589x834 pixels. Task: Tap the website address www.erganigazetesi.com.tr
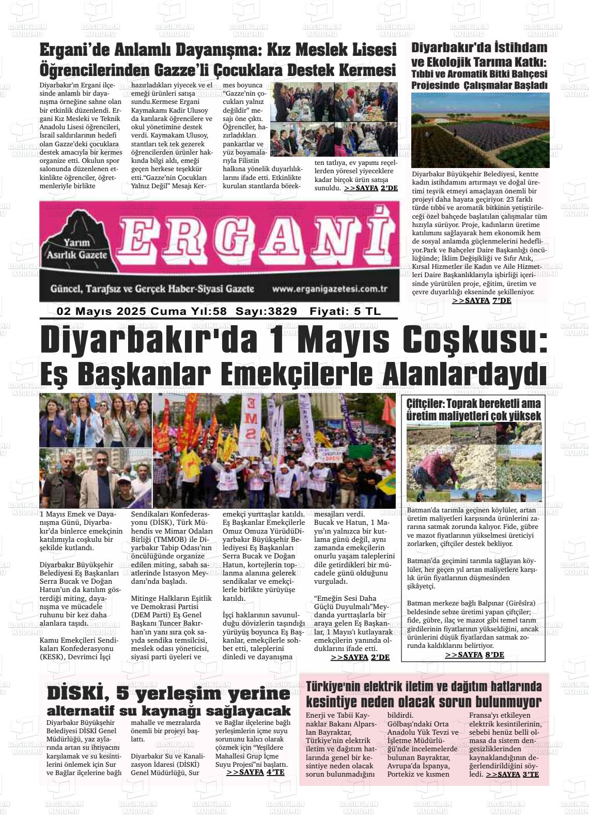(330, 289)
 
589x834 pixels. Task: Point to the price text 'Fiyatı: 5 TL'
(345, 311)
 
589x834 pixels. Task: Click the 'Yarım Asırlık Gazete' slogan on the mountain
(77, 249)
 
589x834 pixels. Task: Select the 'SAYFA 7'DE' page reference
(482, 300)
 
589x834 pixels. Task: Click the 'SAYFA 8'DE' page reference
(474, 655)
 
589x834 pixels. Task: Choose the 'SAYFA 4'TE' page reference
(255, 772)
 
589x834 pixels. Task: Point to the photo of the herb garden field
(480, 130)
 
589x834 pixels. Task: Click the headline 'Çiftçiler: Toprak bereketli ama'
(473, 403)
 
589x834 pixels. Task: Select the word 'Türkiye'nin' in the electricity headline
(332, 687)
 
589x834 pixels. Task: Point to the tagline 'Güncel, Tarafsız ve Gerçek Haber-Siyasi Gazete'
(152, 289)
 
